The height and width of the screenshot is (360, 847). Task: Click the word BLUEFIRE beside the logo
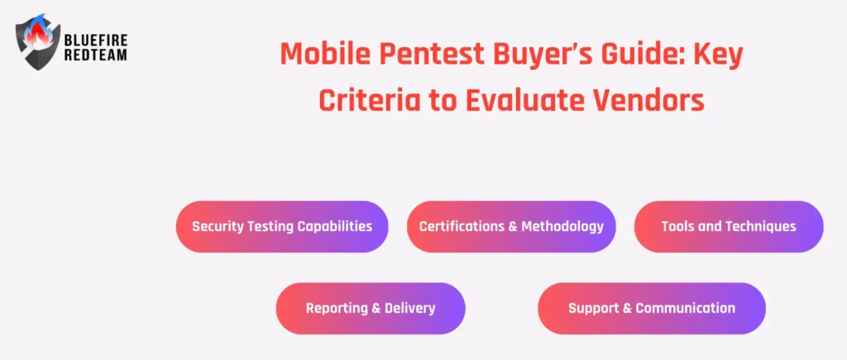coord(96,40)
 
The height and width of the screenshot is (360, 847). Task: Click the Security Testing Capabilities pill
coord(282,227)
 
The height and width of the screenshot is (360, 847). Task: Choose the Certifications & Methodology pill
coord(511,227)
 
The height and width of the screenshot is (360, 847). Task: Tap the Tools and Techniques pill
coord(729,227)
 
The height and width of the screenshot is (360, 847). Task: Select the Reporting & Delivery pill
coord(371,308)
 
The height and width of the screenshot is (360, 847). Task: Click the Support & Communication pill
coord(652,308)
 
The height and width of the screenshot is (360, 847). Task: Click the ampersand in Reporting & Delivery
coord(376,308)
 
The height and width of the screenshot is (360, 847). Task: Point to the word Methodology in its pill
coord(562,227)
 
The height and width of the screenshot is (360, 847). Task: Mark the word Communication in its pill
coord(685,308)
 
